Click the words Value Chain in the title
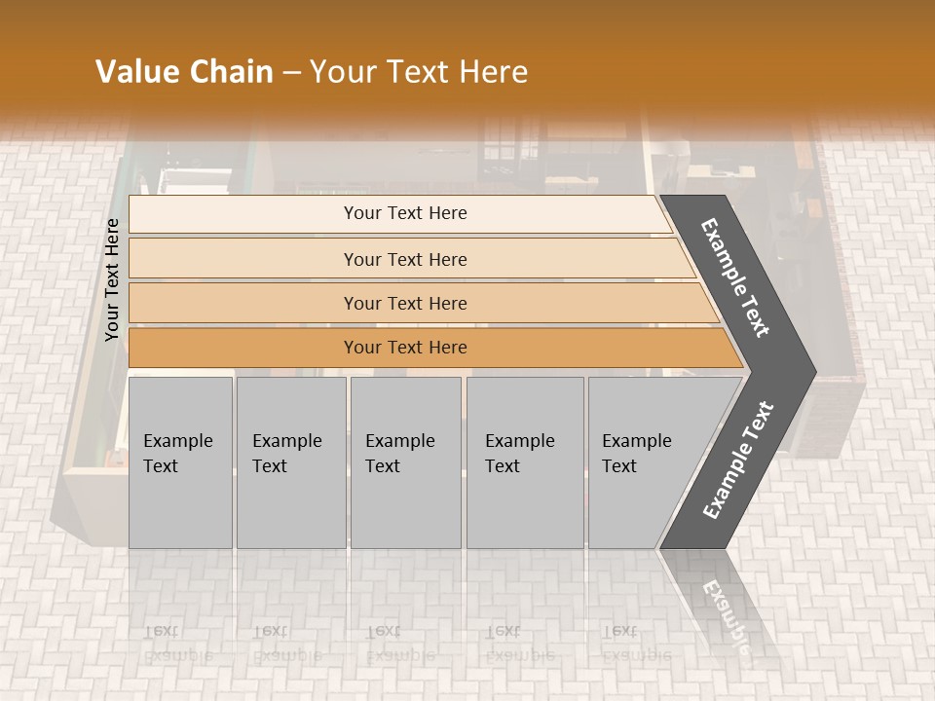coord(184,72)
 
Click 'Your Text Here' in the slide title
coord(419,72)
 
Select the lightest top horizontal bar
coord(399,213)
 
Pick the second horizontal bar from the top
coord(404,259)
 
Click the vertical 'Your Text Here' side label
coord(112,279)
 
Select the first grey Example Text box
coord(180,462)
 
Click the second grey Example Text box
coord(290,462)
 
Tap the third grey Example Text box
coord(404,462)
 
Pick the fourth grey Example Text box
coord(524,462)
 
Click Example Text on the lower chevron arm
coord(738,461)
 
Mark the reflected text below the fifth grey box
coord(633,644)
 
